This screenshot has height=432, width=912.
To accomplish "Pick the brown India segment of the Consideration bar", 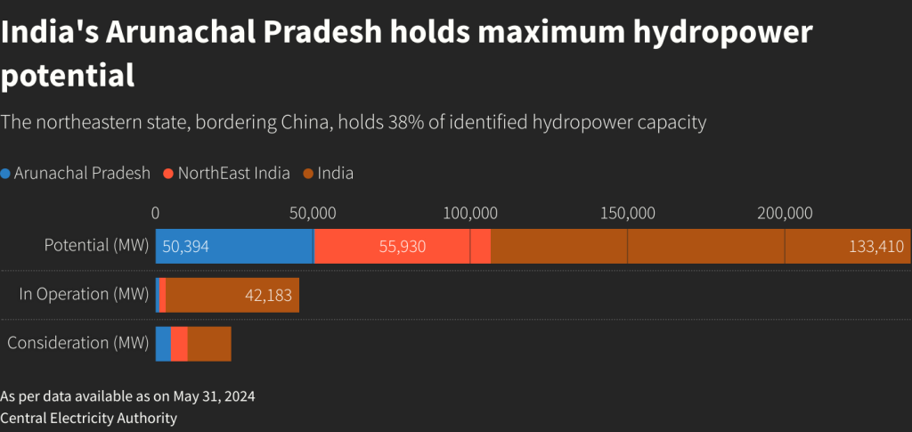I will coord(209,344).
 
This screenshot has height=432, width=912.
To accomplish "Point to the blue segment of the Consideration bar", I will coord(163,344).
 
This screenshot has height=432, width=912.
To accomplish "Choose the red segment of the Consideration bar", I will coord(179,344).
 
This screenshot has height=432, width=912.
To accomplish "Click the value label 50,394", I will coord(185,246).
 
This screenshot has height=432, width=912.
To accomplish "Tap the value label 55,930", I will coord(403,246).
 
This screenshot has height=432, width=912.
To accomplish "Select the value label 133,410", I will coord(876,246).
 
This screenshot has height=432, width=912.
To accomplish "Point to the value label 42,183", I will coord(268,295).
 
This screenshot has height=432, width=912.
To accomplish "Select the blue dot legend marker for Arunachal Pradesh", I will coord(6,174).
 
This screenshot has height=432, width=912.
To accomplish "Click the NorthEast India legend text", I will coord(233,174).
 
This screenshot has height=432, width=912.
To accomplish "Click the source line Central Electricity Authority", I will coord(89,418).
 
